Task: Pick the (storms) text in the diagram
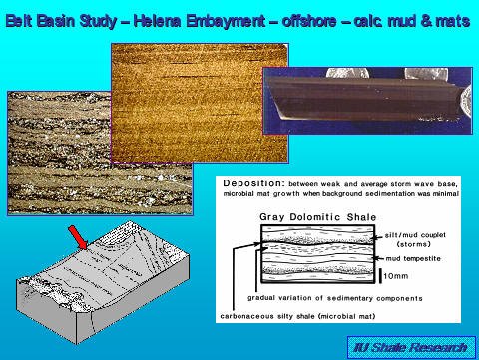point(408,243)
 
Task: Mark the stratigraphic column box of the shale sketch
point(309,254)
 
